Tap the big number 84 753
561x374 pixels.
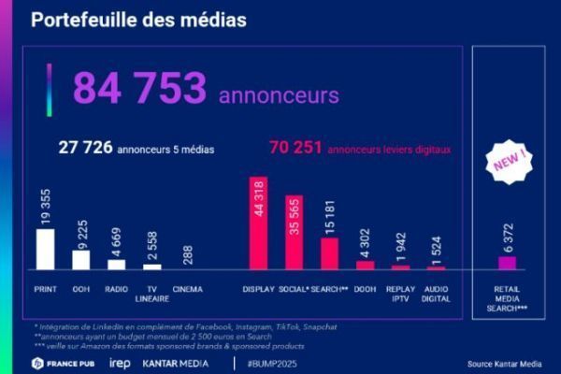[x=139, y=89]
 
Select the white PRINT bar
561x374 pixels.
[x=45, y=249]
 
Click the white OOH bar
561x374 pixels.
[x=81, y=259]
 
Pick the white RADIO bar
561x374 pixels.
[x=116, y=264]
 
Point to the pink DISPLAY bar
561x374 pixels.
[x=258, y=223]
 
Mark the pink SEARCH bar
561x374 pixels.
[x=329, y=253]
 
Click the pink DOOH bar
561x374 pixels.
[x=365, y=265]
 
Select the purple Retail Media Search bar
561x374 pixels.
[x=507, y=263]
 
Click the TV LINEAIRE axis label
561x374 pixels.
[x=151, y=295]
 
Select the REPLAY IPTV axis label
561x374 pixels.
[x=400, y=295]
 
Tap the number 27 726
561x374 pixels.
[x=85, y=147]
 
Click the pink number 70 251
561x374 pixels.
[x=295, y=147]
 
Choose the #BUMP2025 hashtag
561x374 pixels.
[x=272, y=363]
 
